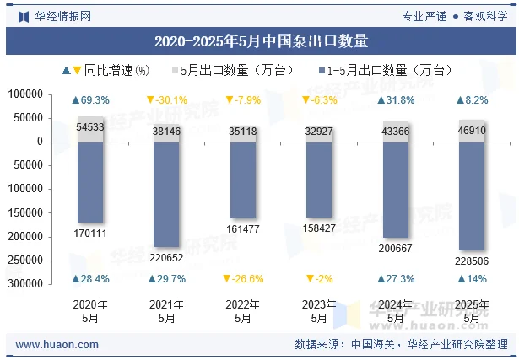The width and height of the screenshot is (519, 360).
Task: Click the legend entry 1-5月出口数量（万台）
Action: [x=388, y=71]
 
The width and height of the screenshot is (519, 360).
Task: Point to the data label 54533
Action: [x=91, y=127]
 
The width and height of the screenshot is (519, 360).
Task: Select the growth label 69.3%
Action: [x=91, y=100]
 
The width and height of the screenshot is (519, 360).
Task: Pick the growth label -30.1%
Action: [x=166, y=100]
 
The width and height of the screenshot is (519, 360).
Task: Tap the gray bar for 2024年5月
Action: [x=396, y=132]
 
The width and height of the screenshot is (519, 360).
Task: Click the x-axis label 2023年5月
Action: [x=319, y=311]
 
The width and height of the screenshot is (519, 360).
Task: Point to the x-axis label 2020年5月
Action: [x=91, y=311]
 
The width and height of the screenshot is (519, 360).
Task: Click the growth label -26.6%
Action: [x=242, y=279]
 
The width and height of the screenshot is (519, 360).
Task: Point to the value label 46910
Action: [x=472, y=132]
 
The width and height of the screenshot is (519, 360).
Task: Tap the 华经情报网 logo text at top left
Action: [x=62, y=15]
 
